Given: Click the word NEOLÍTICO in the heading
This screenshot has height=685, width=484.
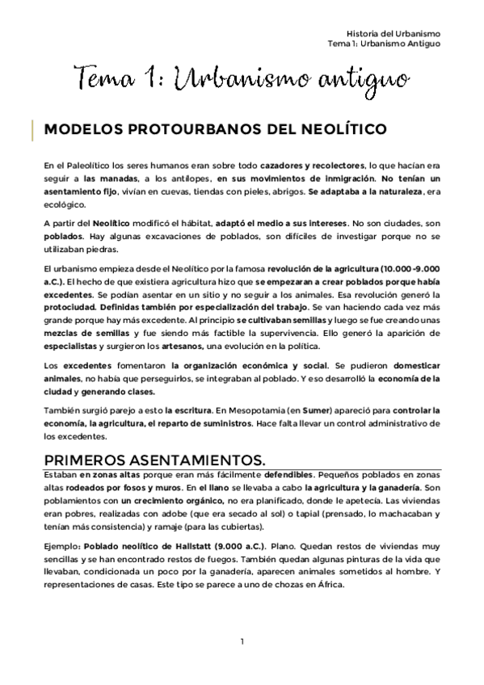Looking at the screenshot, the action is (339, 129).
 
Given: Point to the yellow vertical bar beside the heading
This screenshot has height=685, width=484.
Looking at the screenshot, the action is (32, 129).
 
